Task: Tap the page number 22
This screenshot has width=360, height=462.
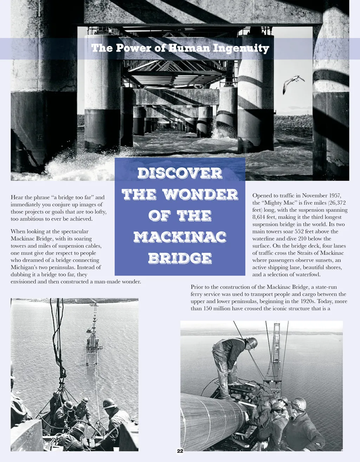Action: (x=180, y=451)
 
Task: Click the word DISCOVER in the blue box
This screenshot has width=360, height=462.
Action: (x=180, y=173)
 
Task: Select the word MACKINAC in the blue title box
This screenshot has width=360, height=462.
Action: (x=180, y=237)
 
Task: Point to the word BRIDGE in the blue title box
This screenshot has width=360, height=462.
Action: (x=180, y=258)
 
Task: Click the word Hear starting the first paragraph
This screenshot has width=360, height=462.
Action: (x=17, y=197)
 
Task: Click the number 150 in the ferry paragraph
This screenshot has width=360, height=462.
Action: (x=208, y=309)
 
